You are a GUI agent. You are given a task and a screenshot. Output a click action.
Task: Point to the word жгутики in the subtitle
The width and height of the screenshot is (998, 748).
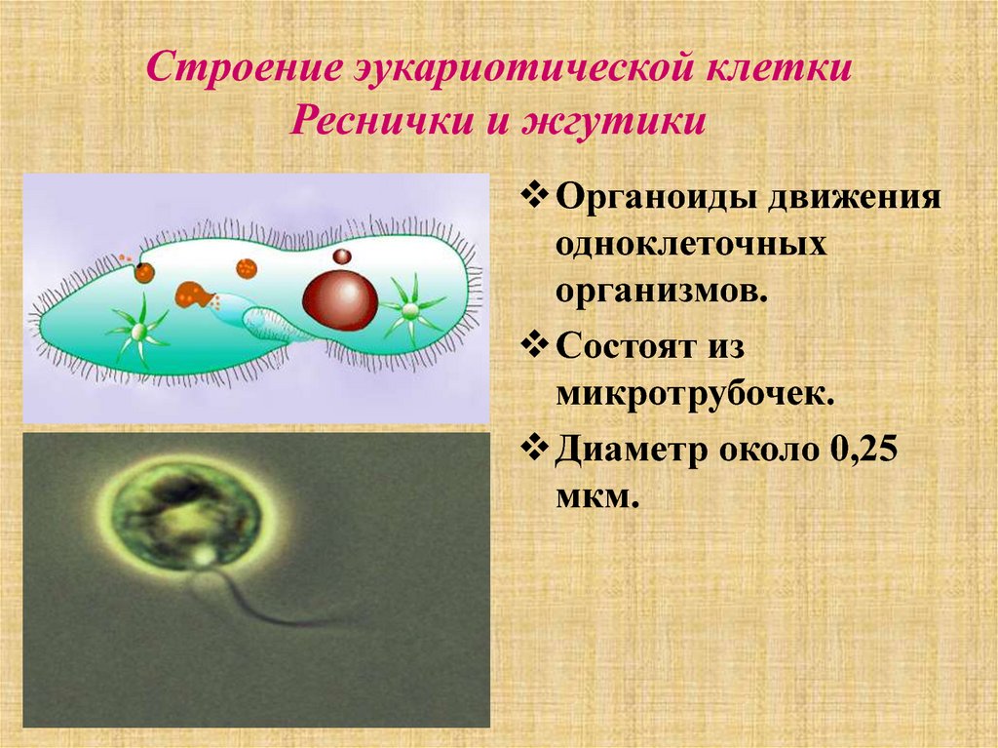pos(614,121)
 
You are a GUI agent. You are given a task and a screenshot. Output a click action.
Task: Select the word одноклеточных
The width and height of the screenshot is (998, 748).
pos(691,244)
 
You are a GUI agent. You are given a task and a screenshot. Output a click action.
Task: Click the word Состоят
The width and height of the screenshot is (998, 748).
pos(627,346)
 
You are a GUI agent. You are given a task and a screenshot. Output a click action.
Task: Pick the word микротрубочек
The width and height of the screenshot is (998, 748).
pos(695,395)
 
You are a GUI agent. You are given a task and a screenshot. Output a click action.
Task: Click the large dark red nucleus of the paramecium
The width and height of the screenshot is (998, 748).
pos(340,300)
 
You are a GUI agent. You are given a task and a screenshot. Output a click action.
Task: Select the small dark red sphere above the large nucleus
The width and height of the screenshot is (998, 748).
pos(342,256)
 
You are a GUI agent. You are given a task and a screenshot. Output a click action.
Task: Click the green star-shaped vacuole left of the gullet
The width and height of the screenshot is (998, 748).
pos(138,330)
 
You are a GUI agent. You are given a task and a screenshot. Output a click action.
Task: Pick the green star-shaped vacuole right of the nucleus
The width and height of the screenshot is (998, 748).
pos(411,310)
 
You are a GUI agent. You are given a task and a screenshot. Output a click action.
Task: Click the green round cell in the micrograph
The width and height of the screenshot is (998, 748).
pos(186,514)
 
